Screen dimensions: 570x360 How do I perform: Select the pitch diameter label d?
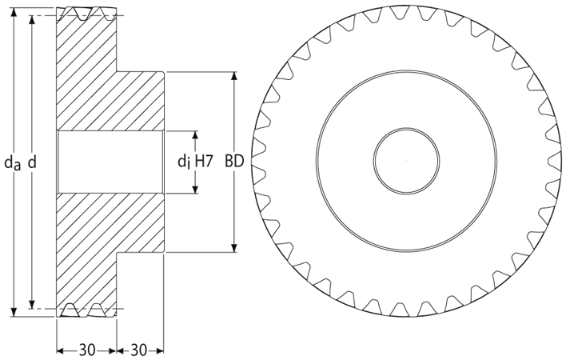point(32,162)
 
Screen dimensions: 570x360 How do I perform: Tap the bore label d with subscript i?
point(184,161)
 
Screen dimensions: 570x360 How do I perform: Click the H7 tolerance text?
point(203,161)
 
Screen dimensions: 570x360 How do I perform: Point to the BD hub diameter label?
point(234,161)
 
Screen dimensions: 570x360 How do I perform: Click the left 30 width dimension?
point(87,350)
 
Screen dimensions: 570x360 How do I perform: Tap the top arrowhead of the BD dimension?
point(234,77)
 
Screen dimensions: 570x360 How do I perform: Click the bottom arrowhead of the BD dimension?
point(234,247)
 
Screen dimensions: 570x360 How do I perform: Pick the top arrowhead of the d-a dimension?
point(14,12)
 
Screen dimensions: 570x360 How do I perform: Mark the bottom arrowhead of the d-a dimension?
point(14,312)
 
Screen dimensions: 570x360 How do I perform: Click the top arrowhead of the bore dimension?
point(195,136)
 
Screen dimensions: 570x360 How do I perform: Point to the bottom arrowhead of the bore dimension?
point(195,188)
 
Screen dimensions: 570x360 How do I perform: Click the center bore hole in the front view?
point(406,161)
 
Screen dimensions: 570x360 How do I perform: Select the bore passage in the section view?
point(110,162)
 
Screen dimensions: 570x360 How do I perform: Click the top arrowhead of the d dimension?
point(32,21)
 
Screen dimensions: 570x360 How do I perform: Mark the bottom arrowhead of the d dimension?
point(32,304)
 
